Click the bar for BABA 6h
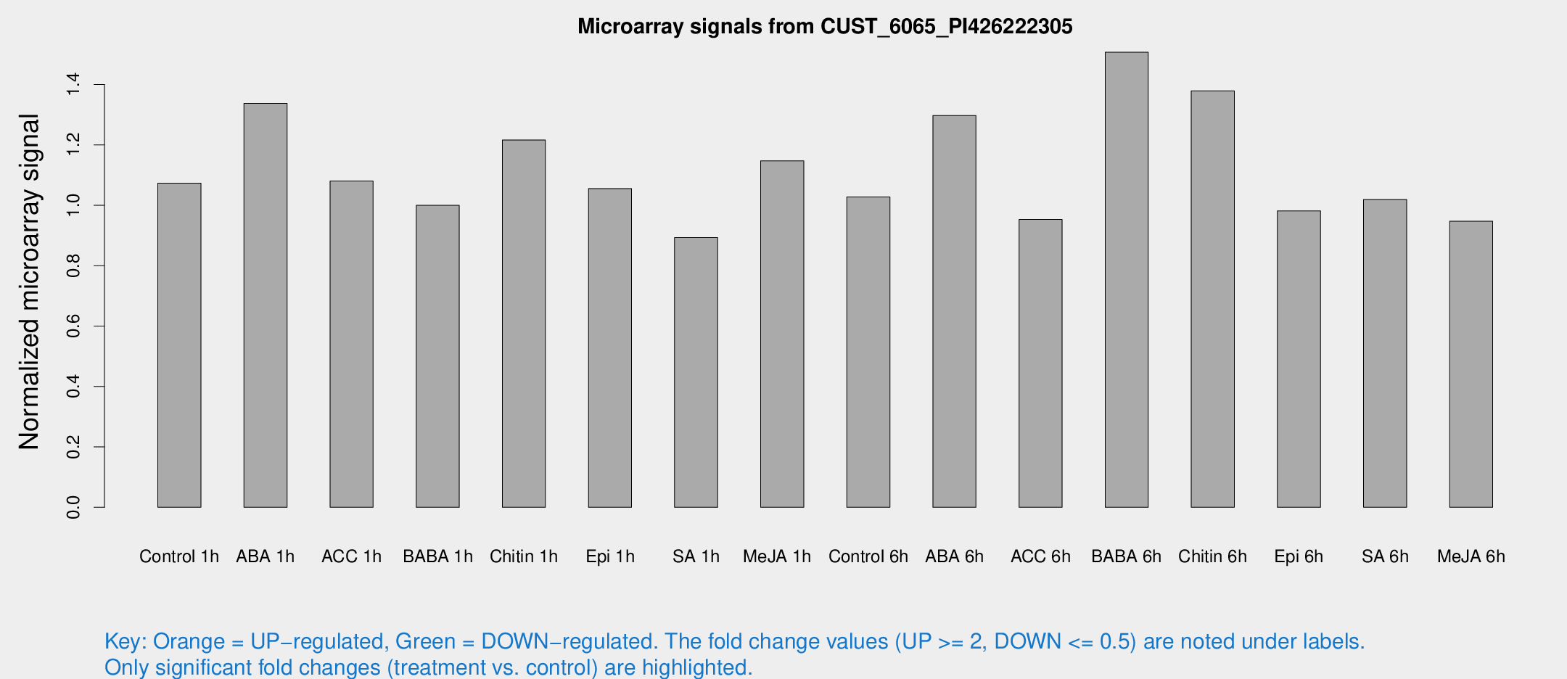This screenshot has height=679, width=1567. tap(1126, 279)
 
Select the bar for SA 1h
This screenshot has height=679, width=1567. tap(696, 372)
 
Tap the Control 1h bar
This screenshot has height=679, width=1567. tap(179, 345)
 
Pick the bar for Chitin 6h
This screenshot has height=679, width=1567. tap(1212, 299)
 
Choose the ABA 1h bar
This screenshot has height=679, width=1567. tap(266, 305)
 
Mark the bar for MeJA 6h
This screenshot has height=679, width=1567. tap(1471, 364)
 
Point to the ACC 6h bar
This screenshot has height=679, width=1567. tap(1040, 363)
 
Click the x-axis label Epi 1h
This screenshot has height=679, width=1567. tap(610, 556)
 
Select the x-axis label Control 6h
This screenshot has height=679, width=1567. tap(868, 556)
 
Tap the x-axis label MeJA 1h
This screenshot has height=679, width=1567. tap(777, 556)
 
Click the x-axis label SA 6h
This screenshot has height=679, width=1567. tap(1385, 556)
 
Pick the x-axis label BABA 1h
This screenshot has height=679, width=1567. tap(437, 556)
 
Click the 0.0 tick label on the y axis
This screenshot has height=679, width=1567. tap(73, 507)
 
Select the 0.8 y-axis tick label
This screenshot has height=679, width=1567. tap(73, 266)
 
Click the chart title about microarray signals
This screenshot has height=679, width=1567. tap(825, 27)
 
